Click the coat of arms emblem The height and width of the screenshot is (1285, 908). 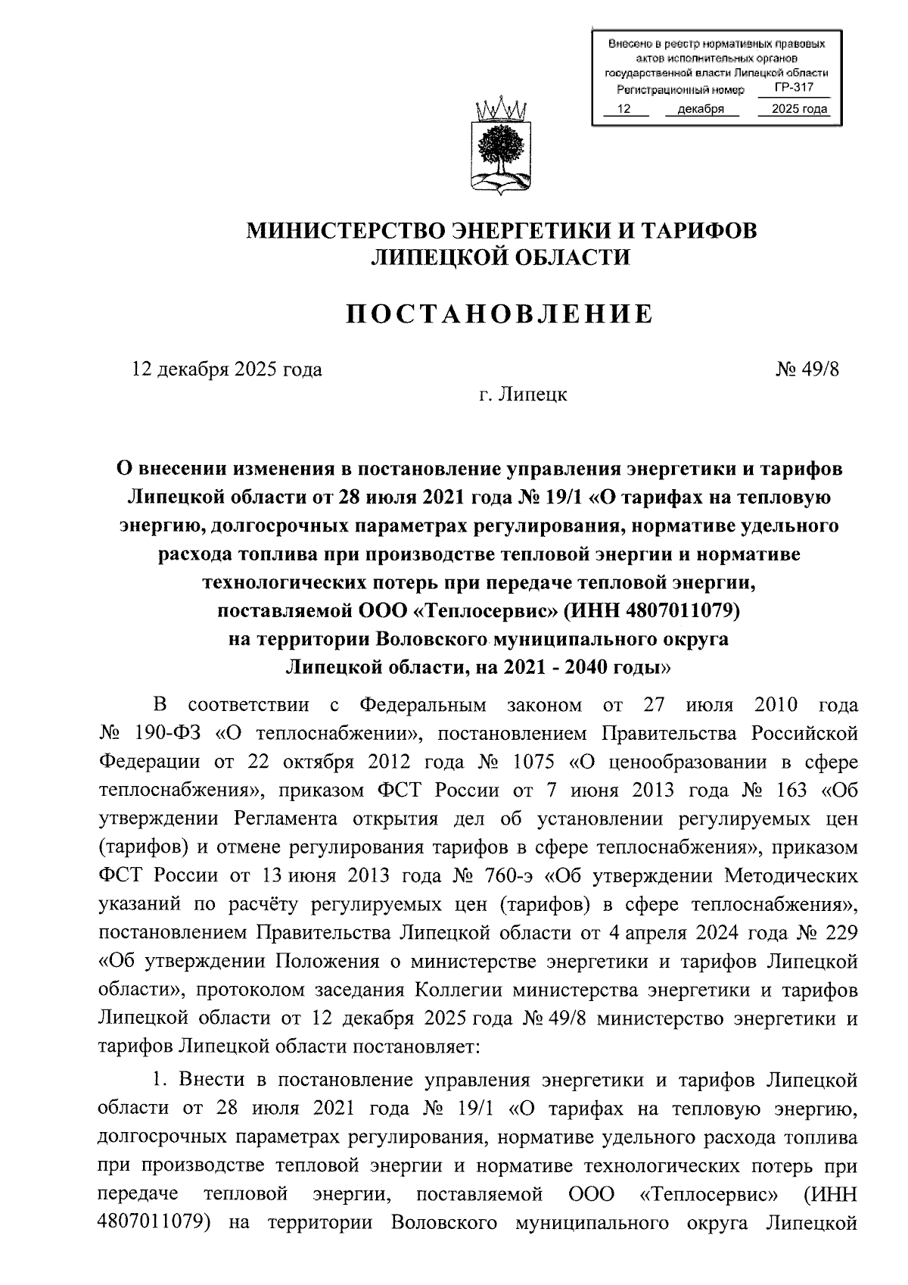(497, 147)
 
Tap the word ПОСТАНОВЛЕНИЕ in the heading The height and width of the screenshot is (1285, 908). (499, 314)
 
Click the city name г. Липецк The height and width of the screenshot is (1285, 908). (523, 395)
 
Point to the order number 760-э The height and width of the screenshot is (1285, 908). (508, 876)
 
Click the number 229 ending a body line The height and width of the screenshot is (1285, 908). (841, 933)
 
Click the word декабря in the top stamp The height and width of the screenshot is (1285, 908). (695, 110)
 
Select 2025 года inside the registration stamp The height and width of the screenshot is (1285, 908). (798, 110)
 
